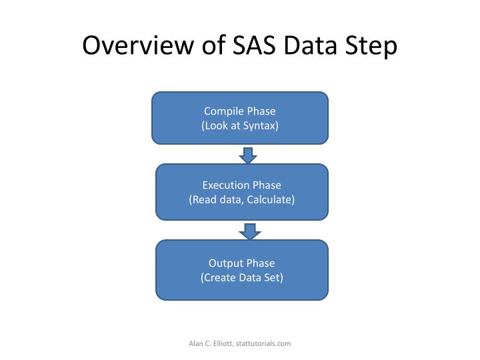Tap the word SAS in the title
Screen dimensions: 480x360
click(259, 47)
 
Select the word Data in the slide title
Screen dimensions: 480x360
click(316, 47)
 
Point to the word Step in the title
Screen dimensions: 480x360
click(373, 47)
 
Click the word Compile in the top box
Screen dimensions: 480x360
click(224, 111)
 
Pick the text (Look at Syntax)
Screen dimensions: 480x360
click(240, 125)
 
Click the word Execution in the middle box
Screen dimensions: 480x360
click(226, 185)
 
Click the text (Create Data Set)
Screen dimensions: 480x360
click(241, 277)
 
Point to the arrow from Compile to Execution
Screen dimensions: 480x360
click(248, 155)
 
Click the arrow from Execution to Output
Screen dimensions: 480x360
click(250, 231)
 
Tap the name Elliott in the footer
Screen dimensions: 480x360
click(221, 343)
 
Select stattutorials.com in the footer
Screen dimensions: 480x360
click(263, 343)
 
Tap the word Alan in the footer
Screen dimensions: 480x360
click(196, 343)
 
